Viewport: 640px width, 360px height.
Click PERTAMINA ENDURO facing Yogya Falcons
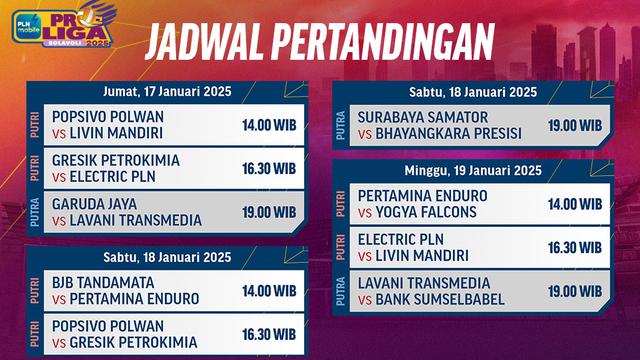click(x=422, y=195)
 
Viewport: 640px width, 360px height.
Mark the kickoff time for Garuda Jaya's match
click(x=268, y=212)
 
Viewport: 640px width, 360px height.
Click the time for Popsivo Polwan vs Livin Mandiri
click(x=268, y=126)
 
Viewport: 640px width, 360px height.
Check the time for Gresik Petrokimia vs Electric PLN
click(x=268, y=169)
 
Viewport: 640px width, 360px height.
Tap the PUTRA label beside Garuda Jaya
click(x=35, y=212)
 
